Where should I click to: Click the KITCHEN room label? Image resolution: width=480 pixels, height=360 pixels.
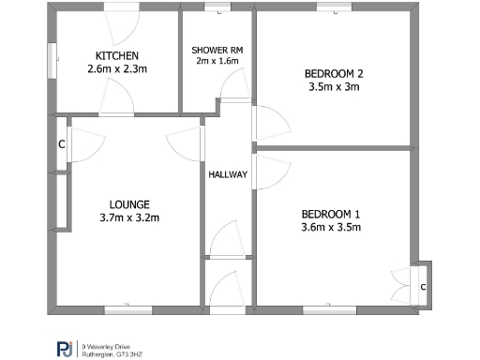[117, 55]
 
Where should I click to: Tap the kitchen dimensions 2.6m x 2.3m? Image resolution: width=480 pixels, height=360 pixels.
[117, 68]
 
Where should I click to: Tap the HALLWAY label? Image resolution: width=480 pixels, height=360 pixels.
[228, 174]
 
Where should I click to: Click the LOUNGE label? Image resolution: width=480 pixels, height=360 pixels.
[129, 204]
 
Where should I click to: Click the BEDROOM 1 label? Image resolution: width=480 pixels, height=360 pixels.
[331, 213]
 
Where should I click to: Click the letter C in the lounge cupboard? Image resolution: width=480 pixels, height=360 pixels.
[61, 144]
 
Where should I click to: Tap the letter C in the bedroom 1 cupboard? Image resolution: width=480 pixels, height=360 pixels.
[423, 286]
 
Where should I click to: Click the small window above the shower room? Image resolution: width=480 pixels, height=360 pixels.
[217, 10]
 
